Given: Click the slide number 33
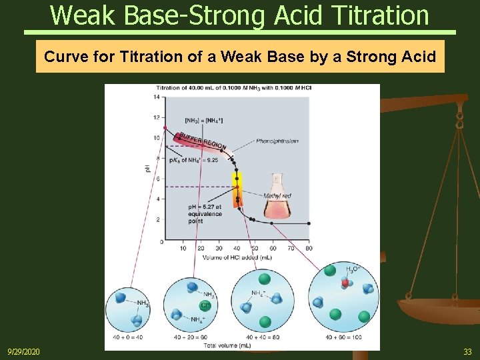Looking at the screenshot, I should point(467,351).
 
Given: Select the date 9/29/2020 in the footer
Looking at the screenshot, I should point(23,351).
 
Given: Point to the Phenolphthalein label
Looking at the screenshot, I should point(277,141).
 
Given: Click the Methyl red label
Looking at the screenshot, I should point(277,196).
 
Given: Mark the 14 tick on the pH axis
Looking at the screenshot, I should point(157,97).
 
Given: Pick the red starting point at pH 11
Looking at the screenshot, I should point(165,127).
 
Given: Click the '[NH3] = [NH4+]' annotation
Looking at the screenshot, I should point(203,120).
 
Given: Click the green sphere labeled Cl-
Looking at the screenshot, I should point(205,305).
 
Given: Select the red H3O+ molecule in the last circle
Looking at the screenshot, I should point(345,283).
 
